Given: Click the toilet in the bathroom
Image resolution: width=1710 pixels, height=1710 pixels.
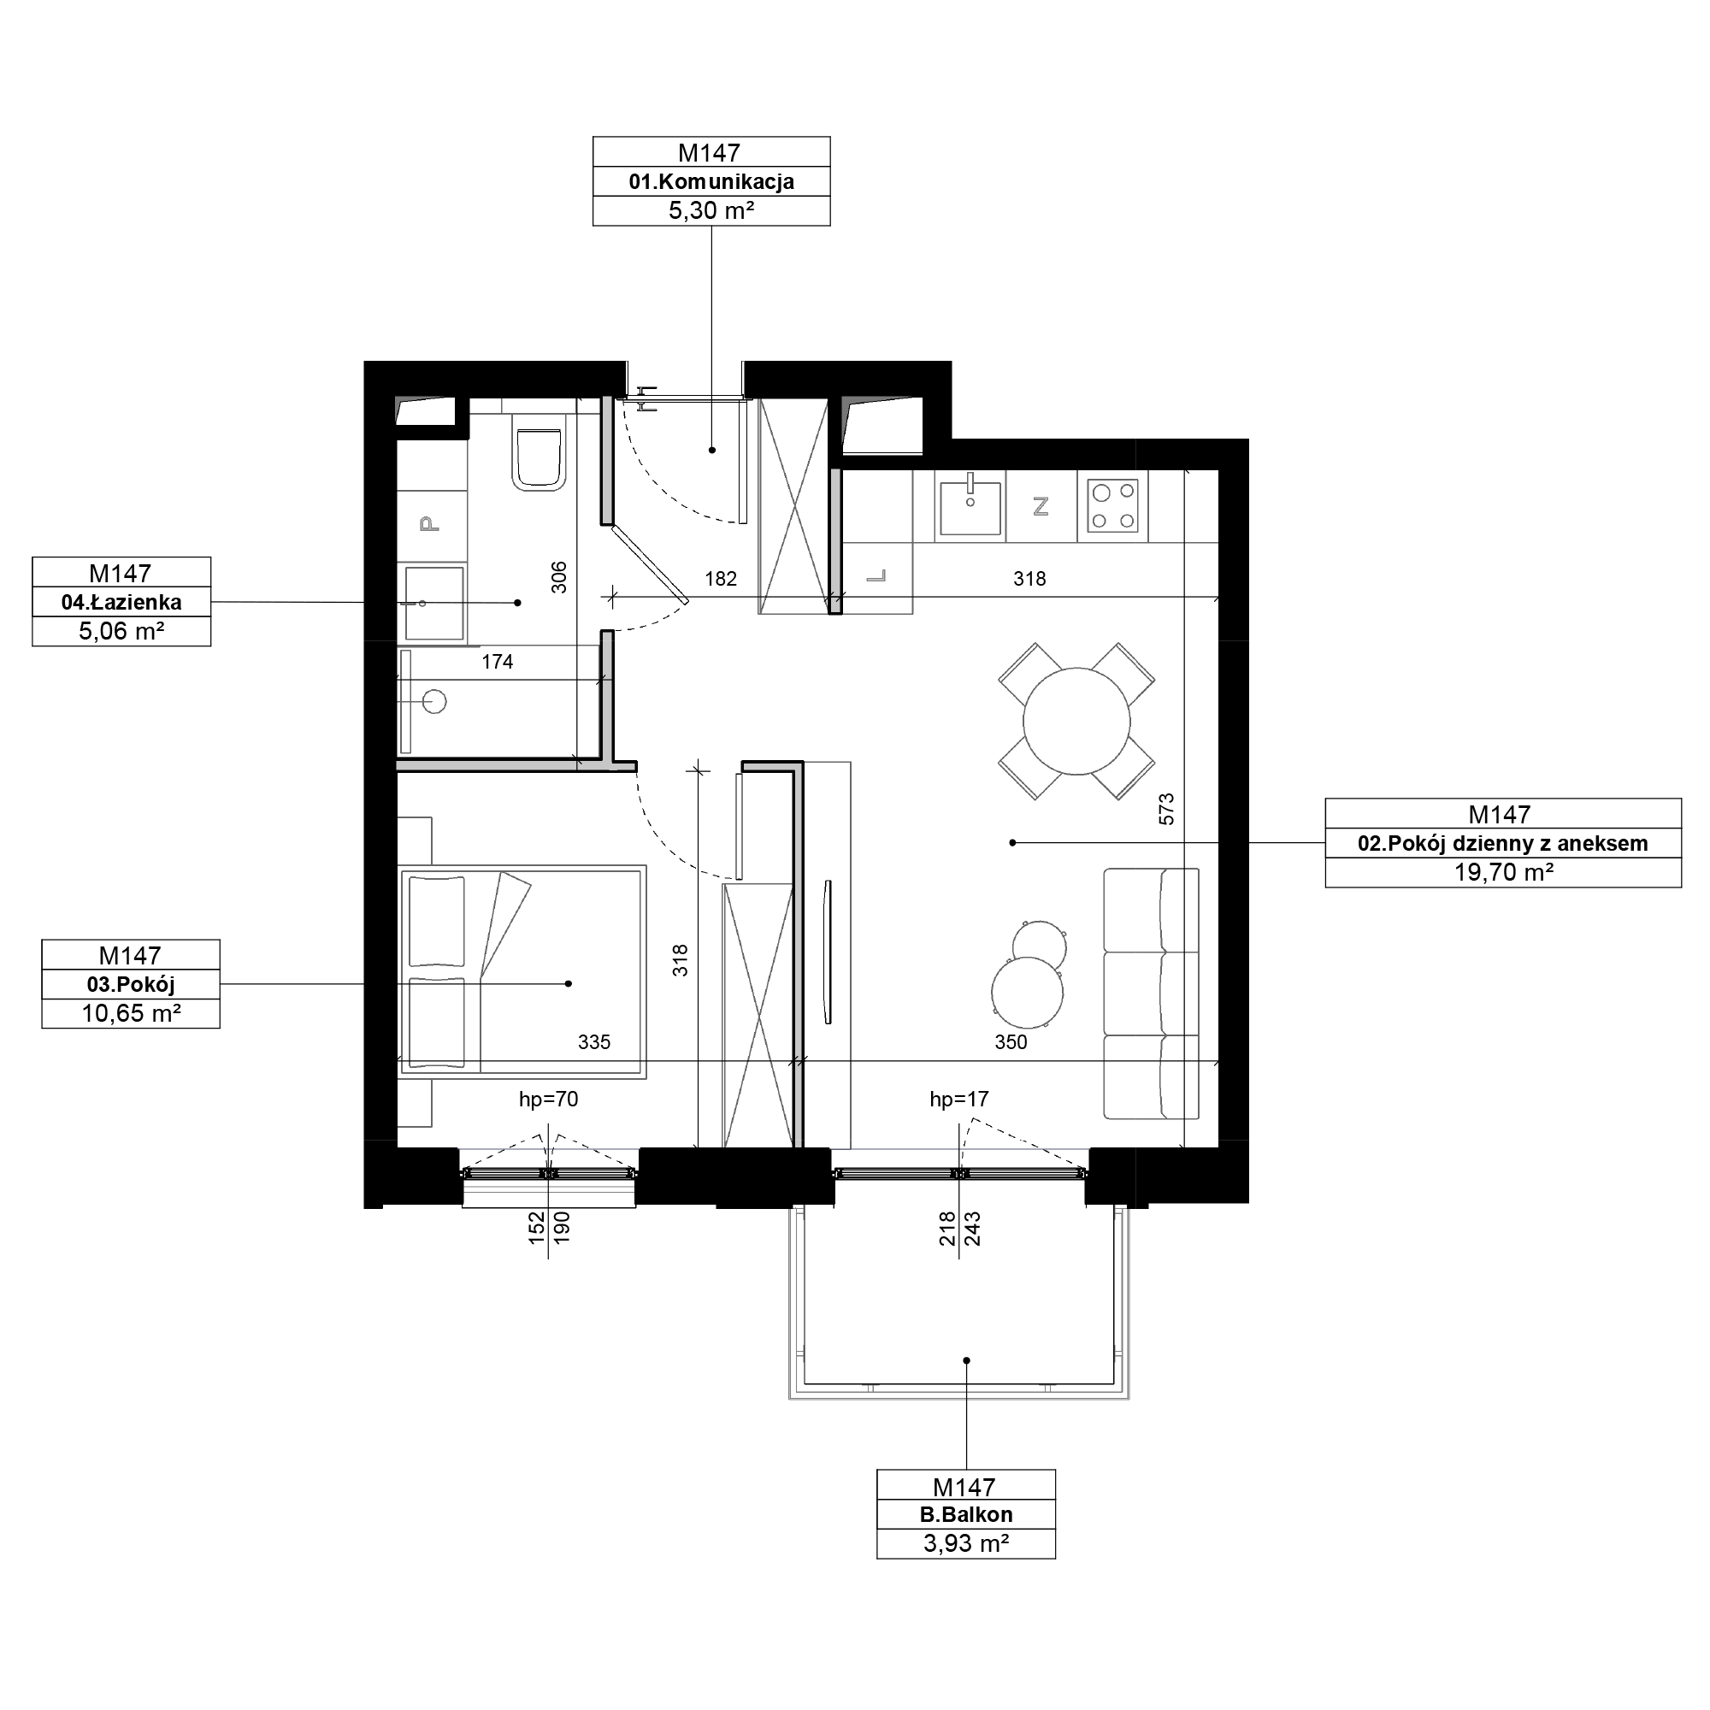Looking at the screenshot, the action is tap(539, 458).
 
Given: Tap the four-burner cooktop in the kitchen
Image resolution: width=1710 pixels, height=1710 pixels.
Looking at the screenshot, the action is tap(1112, 505).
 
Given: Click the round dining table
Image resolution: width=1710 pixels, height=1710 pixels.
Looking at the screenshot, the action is tap(1076, 722).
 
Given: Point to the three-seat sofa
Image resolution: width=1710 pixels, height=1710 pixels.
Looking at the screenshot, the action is tap(1152, 993).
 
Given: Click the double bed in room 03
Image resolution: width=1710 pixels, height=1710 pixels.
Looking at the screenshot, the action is tap(523, 971).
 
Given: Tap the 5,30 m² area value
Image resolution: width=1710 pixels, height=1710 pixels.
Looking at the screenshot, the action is tap(711, 210).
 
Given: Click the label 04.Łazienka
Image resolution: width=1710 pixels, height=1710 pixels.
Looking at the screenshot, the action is tap(121, 603).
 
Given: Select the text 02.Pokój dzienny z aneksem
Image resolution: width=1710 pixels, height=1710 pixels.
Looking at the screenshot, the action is tap(1503, 844).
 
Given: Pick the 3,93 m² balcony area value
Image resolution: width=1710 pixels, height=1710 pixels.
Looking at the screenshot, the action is tap(965, 1542).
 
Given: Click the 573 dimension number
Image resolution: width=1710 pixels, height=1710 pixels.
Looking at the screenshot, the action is tap(1166, 809).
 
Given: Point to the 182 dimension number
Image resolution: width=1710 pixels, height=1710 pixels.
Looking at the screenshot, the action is tap(721, 579).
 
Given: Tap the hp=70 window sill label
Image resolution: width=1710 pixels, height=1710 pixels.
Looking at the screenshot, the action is tap(548, 1100).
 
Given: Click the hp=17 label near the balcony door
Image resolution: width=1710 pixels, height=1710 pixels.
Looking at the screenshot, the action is tap(958, 1100).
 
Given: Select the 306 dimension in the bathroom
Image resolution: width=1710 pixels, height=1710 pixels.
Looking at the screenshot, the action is tap(558, 577).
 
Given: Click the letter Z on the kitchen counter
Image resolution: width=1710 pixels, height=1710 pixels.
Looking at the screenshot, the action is tap(1041, 506).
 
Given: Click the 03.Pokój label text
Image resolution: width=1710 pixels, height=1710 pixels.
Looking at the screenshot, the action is tap(131, 984).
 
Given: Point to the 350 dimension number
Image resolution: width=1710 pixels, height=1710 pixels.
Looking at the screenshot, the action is tap(1010, 1041).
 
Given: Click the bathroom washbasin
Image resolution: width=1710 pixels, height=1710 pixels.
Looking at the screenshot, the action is tap(433, 603).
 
